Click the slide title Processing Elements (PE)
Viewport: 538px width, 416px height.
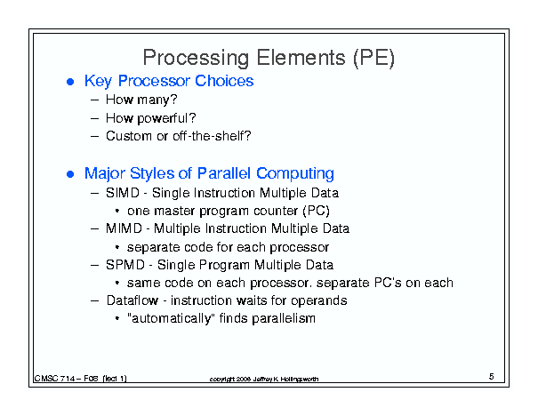(269, 58)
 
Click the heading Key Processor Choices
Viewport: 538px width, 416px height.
(169, 81)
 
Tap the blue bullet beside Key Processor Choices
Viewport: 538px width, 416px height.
(70, 82)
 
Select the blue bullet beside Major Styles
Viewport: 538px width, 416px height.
(70, 174)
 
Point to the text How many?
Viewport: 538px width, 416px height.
(141, 100)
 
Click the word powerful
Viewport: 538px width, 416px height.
(163, 118)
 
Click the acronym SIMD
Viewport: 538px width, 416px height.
(123, 193)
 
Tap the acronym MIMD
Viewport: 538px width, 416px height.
(124, 228)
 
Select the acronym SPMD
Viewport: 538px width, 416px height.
(125, 265)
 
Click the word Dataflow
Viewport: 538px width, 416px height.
(132, 300)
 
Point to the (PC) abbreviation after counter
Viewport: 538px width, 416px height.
(316, 211)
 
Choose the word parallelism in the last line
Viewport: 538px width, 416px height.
(284, 318)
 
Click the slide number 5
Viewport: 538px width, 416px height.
(492, 377)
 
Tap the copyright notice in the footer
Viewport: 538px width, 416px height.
(264, 379)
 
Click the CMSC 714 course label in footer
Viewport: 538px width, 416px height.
(80, 379)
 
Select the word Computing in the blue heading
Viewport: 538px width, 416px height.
(295, 174)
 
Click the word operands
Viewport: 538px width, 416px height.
(318, 300)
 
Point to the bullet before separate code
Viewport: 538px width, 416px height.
(117, 247)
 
